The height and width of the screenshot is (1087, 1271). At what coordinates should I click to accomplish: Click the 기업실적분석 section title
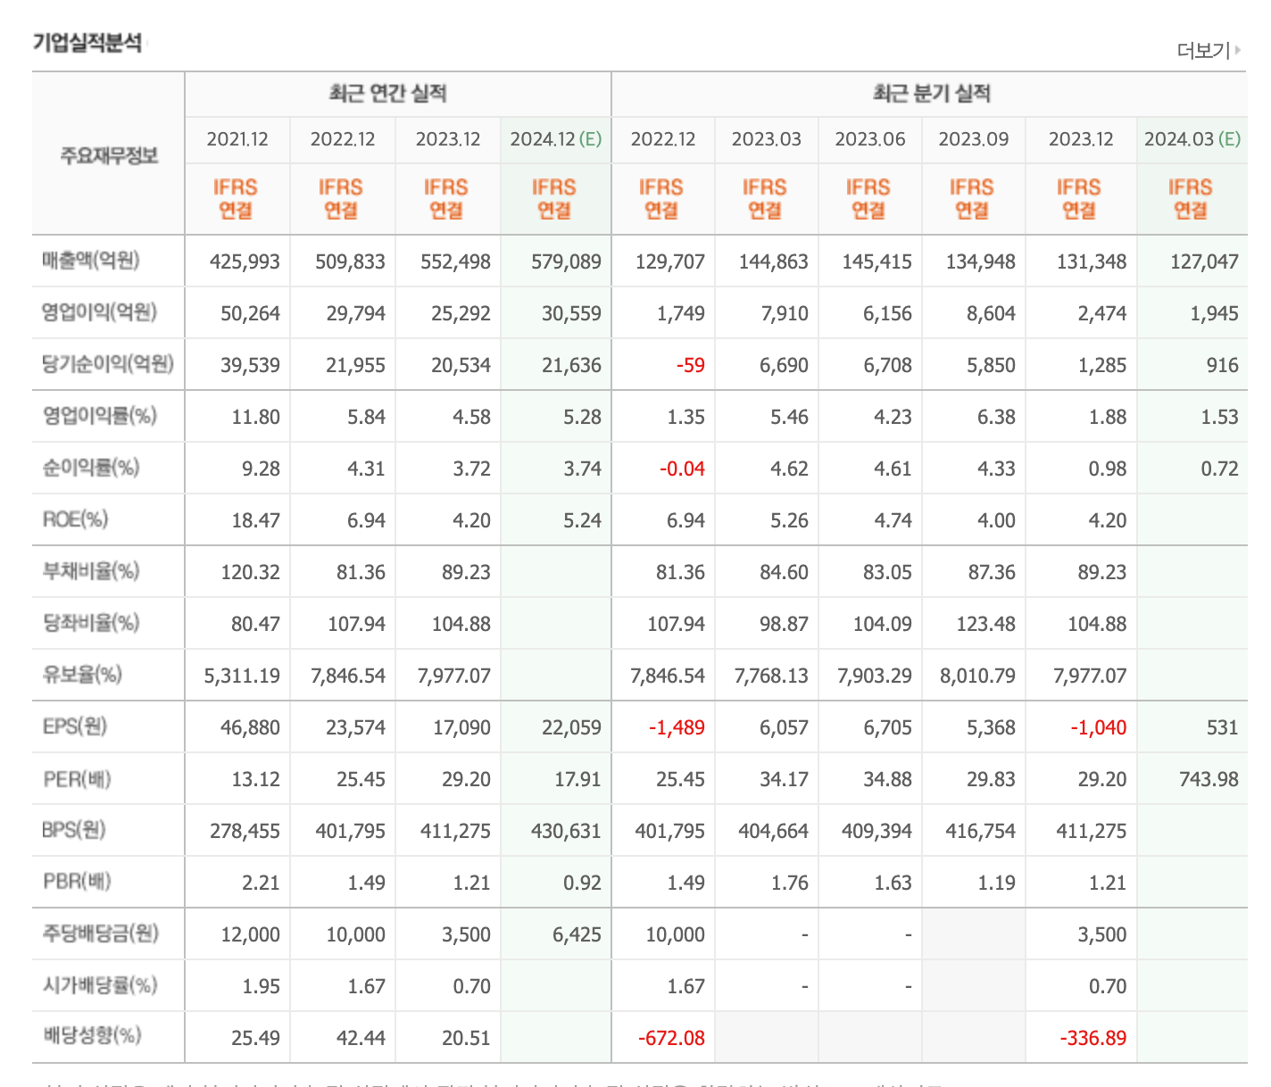pyautogui.click(x=87, y=43)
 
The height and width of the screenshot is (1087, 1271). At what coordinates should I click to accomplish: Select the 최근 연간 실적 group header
pyautogui.click(x=387, y=94)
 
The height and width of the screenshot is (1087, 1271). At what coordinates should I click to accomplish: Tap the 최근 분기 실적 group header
pyautogui.click(x=931, y=94)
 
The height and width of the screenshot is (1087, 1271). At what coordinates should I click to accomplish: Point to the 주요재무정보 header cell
pyautogui.click(x=109, y=155)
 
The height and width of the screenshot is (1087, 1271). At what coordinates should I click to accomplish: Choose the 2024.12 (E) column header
pyautogui.click(x=555, y=139)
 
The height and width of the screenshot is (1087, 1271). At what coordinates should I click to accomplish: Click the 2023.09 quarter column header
pyautogui.click(x=973, y=139)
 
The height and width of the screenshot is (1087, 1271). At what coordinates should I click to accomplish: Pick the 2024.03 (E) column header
pyautogui.click(x=1192, y=139)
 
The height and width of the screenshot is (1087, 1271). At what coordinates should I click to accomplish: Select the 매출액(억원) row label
pyautogui.click(x=91, y=261)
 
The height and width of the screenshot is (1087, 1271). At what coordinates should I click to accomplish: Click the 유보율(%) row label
pyautogui.click(x=82, y=675)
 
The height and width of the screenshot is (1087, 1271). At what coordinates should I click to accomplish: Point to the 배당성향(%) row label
pyautogui.click(x=92, y=1036)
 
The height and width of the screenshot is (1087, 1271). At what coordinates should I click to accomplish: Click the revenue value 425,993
pyautogui.click(x=245, y=262)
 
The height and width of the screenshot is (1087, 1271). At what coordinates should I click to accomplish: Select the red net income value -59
pyautogui.click(x=690, y=366)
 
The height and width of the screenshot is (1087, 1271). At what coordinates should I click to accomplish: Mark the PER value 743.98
pyautogui.click(x=1209, y=780)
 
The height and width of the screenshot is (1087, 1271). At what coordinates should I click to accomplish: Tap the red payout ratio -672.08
pyautogui.click(x=671, y=1039)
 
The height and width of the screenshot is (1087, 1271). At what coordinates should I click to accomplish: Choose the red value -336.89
pyautogui.click(x=1092, y=1039)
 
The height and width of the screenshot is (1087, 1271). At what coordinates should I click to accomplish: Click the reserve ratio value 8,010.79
pyautogui.click(x=977, y=676)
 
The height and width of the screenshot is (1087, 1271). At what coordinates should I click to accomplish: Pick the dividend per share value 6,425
pyautogui.click(x=577, y=935)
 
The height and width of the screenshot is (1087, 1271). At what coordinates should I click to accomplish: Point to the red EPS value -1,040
pyautogui.click(x=1099, y=728)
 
